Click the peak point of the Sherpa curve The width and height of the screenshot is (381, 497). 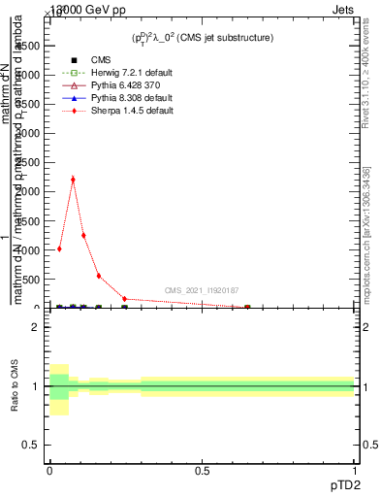[x=73, y=179]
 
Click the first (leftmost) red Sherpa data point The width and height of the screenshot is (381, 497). [x=60, y=248]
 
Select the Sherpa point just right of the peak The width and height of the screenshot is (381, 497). [x=83, y=235]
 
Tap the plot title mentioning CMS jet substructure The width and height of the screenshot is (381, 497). [x=203, y=38]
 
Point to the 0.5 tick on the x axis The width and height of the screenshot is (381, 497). [x=203, y=471]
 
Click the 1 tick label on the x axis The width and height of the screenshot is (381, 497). [x=355, y=471]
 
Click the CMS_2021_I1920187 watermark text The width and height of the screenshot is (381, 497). [x=201, y=290]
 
